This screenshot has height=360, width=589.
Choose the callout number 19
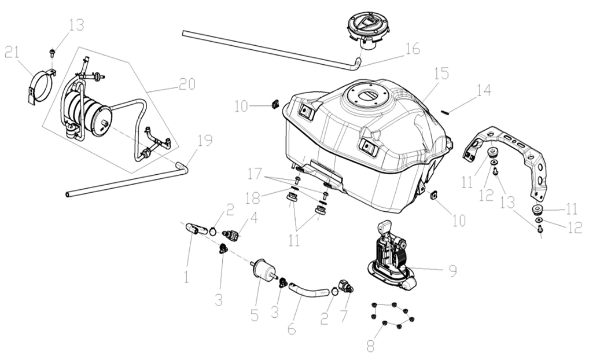(x=204, y=141)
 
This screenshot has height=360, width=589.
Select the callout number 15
(x=441, y=74)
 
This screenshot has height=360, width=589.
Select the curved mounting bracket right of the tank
(x=509, y=154)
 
